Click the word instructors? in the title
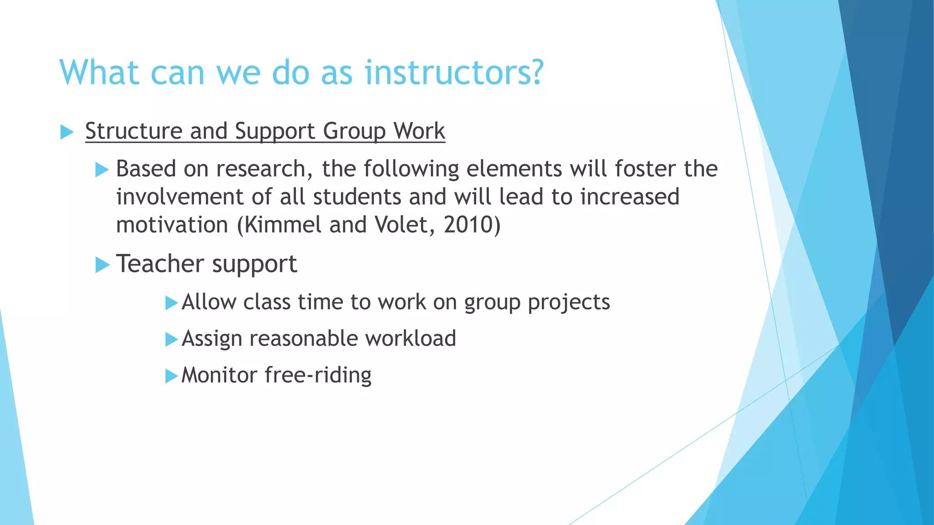(454, 73)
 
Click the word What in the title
(99, 73)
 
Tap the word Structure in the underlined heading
(133, 131)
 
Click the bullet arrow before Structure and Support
(67, 133)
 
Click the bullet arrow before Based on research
(102, 170)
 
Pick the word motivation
(172, 225)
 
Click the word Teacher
(160, 264)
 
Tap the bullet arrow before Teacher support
(103, 265)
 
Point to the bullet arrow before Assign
(171, 340)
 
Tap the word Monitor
(219, 376)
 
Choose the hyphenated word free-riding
(318, 376)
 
